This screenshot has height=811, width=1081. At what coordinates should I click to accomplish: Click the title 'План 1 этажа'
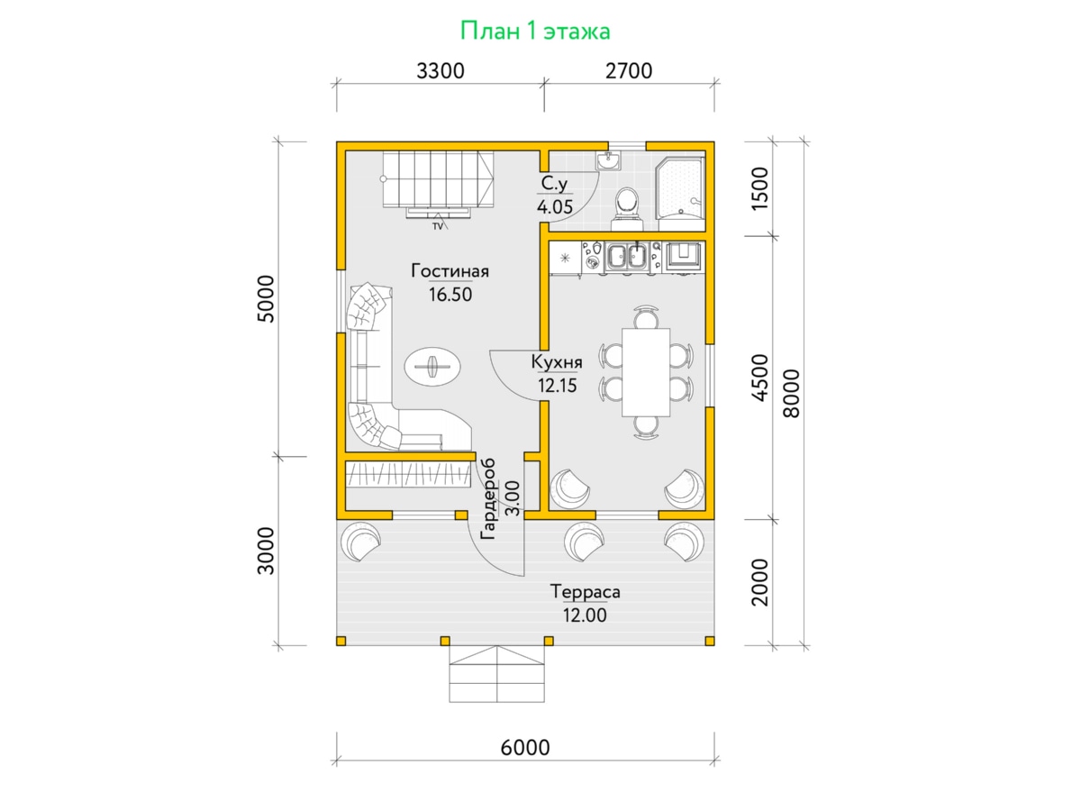click(x=535, y=31)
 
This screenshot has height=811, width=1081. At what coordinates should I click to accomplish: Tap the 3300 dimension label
click(x=441, y=71)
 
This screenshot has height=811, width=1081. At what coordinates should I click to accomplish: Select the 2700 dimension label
click(x=629, y=71)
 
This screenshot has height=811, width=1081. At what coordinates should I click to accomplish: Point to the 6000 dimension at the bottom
click(x=525, y=748)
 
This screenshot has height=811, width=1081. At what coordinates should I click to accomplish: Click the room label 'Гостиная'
click(x=450, y=271)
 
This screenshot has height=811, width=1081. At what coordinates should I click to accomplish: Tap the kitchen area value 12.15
click(x=557, y=385)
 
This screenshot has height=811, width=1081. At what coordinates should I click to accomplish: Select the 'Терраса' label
click(x=585, y=591)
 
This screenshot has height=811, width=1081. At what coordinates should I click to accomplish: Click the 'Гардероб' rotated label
click(x=487, y=499)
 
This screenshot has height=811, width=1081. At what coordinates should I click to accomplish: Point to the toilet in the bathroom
click(x=627, y=208)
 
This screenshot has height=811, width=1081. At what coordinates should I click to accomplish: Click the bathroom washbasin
click(x=608, y=160)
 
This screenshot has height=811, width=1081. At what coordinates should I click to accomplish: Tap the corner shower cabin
click(x=679, y=188)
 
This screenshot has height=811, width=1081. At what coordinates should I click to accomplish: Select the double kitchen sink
click(x=626, y=256)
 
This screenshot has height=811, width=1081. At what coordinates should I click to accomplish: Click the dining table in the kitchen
click(x=646, y=372)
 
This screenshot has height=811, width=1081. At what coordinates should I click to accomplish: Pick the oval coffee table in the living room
click(x=433, y=367)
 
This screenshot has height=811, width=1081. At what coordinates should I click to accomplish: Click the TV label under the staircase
click(x=437, y=226)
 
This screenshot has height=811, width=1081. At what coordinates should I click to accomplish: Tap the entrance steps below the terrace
click(x=496, y=674)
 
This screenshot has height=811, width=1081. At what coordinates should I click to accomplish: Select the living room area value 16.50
click(x=450, y=295)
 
